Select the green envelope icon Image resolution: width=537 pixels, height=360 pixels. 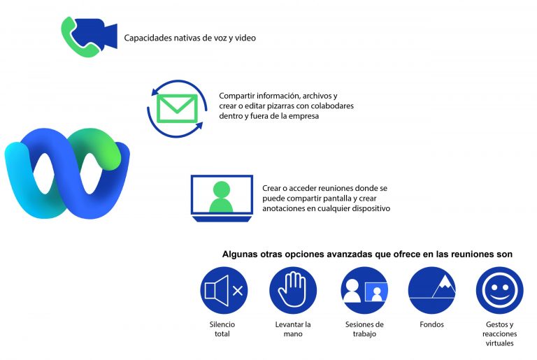(177, 108)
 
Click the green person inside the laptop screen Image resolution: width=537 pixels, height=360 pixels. (221, 196)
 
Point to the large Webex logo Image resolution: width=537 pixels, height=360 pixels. (67, 173)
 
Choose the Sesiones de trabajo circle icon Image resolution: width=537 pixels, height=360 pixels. (364, 291)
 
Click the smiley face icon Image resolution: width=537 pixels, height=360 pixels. (500, 291)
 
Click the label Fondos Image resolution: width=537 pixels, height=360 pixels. (431, 324)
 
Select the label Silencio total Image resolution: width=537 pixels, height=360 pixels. (222, 329)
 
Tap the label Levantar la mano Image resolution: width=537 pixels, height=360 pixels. (293, 329)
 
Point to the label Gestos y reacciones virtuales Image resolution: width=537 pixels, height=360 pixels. (500, 334)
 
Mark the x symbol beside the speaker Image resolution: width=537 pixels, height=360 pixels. (238, 291)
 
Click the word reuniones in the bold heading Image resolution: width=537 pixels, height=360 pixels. (469, 254)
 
